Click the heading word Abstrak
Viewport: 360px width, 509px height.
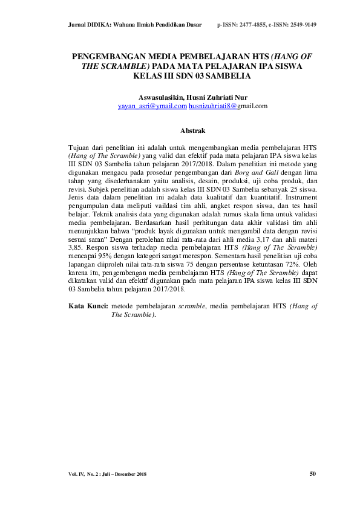pyautogui.click(x=193, y=131)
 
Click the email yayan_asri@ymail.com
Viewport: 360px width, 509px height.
pyautogui.click(x=152, y=106)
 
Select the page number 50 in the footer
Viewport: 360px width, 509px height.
pyautogui.click(x=313, y=474)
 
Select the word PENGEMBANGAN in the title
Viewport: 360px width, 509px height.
pyautogui.click(x=108, y=56)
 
